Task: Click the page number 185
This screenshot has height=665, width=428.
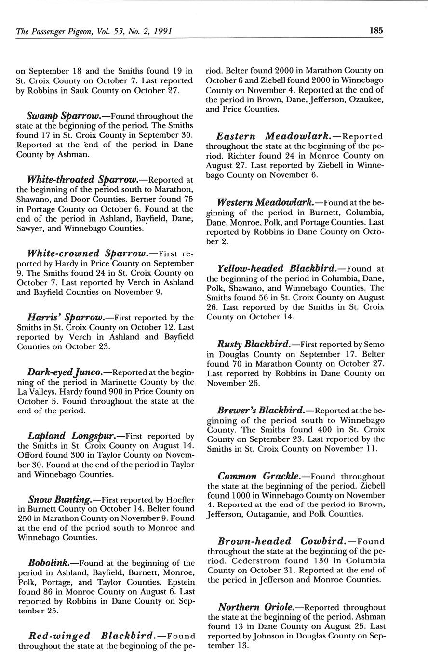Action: (376, 30)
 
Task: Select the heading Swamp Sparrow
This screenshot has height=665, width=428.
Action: (63, 116)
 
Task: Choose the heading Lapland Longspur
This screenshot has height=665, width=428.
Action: (70, 436)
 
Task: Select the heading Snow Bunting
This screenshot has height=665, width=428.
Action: (60, 500)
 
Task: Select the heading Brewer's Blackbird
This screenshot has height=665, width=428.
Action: (261, 410)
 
